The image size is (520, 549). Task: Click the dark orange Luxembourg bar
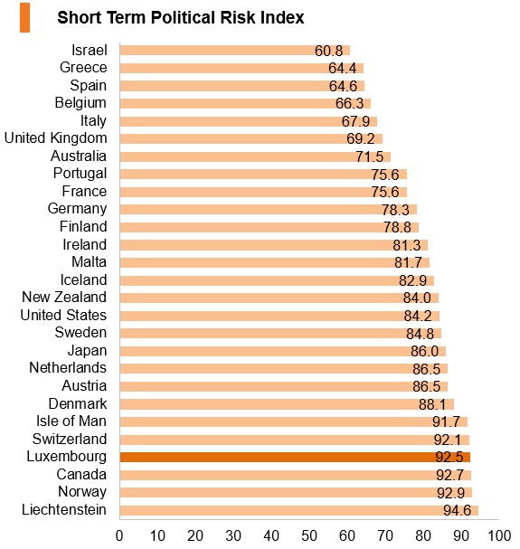click(x=295, y=457)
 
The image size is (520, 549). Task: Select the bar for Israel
click(x=234, y=50)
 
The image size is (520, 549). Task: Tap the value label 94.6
click(x=457, y=510)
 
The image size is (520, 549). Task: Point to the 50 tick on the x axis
click(x=309, y=535)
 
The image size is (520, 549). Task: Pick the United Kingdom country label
click(x=55, y=138)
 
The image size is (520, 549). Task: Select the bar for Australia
click(x=255, y=156)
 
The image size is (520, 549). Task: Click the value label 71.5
click(x=370, y=156)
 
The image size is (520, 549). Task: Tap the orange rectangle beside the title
click(x=24, y=17)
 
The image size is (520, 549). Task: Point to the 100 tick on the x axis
click(x=499, y=535)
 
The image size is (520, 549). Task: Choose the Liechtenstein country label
click(x=64, y=510)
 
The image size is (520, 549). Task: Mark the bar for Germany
click(x=269, y=209)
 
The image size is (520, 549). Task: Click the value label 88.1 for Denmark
click(x=432, y=404)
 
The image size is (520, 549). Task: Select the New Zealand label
click(x=64, y=297)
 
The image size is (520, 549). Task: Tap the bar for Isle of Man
click(x=293, y=421)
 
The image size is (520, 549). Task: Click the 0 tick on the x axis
click(x=119, y=535)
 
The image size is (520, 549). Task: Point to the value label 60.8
click(x=328, y=51)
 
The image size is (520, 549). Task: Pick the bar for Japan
click(x=282, y=351)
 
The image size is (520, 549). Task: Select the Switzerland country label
click(x=70, y=439)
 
